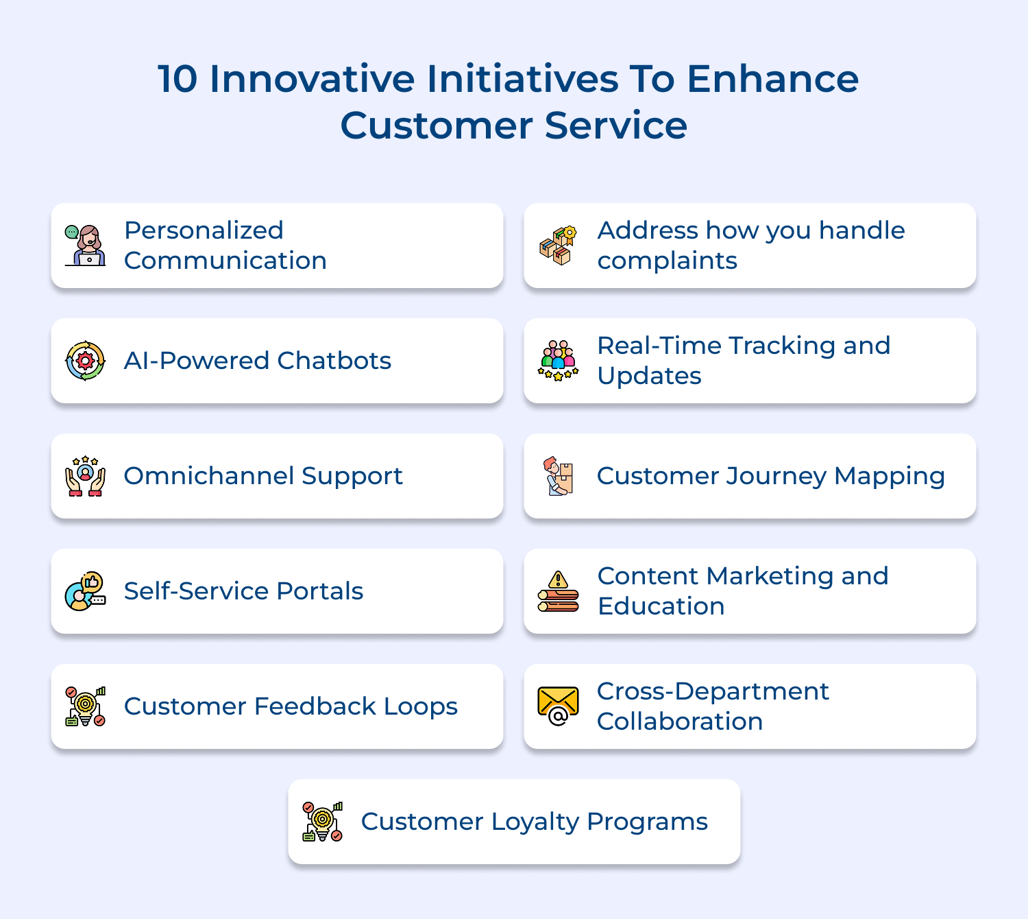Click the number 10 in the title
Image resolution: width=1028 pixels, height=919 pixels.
178,79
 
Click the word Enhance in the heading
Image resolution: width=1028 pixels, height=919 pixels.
772,79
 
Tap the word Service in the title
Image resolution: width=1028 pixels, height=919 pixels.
616,126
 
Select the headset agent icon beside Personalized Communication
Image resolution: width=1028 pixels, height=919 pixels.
86,246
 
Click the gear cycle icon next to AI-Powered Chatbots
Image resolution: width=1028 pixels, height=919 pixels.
86,361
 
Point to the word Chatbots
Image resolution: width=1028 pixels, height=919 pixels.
334,361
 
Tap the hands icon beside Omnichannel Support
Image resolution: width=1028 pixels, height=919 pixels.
86,476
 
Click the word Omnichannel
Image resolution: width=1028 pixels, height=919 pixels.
208,476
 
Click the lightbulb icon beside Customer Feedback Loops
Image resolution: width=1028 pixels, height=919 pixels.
86,706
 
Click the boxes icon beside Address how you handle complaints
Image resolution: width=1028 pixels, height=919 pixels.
559,246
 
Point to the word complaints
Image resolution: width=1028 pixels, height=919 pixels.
667,261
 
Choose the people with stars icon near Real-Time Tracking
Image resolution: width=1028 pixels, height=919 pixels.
559,361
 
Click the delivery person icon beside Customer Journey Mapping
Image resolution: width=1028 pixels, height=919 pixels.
559,476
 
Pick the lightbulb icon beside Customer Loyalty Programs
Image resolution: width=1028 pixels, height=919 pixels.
323,822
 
